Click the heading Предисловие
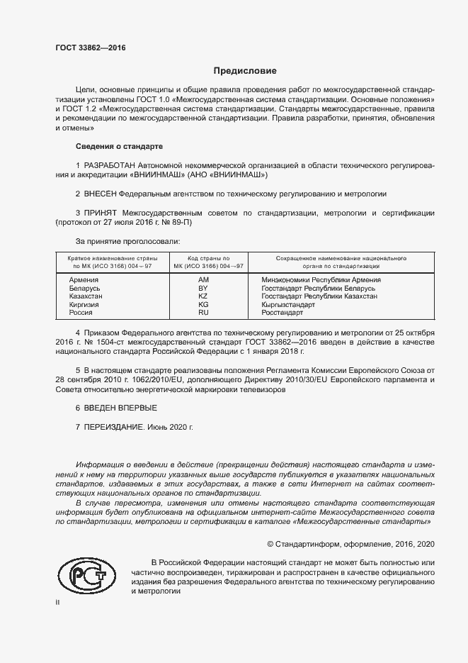(245, 71)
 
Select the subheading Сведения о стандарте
(119, 146)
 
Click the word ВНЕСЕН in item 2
(100, 193)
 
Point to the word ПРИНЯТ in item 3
(102, 212)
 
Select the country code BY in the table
(203, 289)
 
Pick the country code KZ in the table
(203, 296)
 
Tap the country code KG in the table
(203, 304)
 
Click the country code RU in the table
(203, 312)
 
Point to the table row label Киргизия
(84, 304)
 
